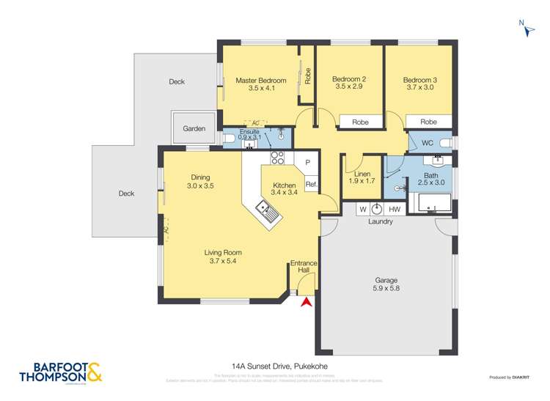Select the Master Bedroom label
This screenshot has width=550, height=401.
(x=260, y=84)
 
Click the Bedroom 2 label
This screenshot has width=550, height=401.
(x=349, y=83)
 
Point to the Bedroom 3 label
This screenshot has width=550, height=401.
(x=420, y=83)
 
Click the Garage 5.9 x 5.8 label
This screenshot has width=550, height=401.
(x=386, y=284)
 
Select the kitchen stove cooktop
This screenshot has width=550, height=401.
(x=277, y=158)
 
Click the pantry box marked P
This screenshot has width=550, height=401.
(x=308, y=162)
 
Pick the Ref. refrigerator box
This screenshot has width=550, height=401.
(x=310, y=185)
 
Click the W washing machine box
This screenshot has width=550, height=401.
(x=362, y=210)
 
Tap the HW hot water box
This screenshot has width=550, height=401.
(x=395, y=210)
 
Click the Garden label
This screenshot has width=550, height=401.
(x=194, y=128)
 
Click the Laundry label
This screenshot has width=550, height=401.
(x=380, y=221)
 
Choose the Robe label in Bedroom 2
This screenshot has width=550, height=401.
(x=359, y=122)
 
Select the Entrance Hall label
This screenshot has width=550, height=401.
(x=304, y=266)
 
